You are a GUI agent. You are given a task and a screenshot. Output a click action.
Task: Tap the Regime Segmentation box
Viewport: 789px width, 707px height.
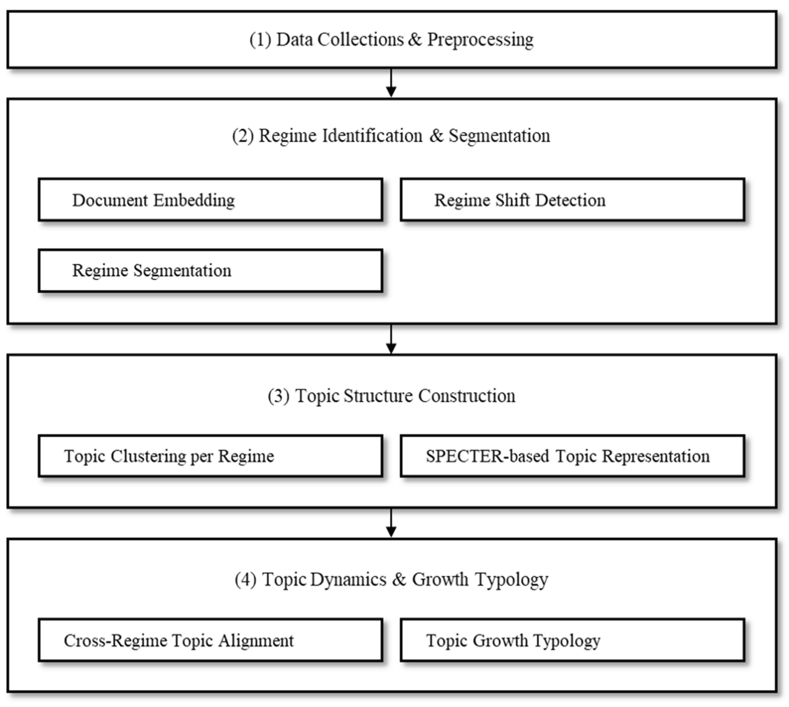pyautogui.click(x=210, y=271)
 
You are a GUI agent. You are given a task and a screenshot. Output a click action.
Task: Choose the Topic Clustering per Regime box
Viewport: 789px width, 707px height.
pyautogui.click(x=210, y=456)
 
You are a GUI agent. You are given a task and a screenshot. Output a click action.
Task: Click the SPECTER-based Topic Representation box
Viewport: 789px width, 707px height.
pyautogui.click(x=572, y=456)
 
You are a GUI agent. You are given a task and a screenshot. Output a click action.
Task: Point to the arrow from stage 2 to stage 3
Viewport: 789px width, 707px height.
pyautogui.click(x=391, y=339)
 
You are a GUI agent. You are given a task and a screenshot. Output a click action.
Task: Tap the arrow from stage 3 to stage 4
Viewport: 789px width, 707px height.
pyautogui.click(x=391, y=523)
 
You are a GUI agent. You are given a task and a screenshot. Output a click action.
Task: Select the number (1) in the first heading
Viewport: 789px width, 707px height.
pyautogui.click(x=260, y=40)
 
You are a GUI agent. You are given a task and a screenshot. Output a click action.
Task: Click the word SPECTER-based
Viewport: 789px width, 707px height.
pyautogui.click(x=487, y=456)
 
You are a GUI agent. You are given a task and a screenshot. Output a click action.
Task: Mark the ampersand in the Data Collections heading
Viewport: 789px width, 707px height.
pyautogui.click(x=415, y=40)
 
